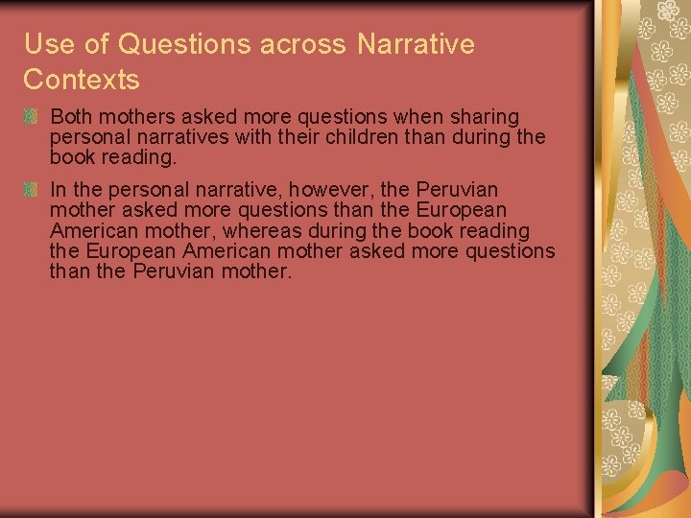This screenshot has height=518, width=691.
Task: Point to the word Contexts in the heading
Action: [x=82, y=80]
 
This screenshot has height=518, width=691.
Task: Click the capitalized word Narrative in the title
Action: [x=416, y=44]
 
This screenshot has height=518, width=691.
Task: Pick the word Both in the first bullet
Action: [x=70, y=117]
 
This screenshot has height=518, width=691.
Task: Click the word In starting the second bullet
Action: [x=58, y=190]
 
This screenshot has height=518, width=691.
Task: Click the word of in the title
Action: [x=98, y=44]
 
